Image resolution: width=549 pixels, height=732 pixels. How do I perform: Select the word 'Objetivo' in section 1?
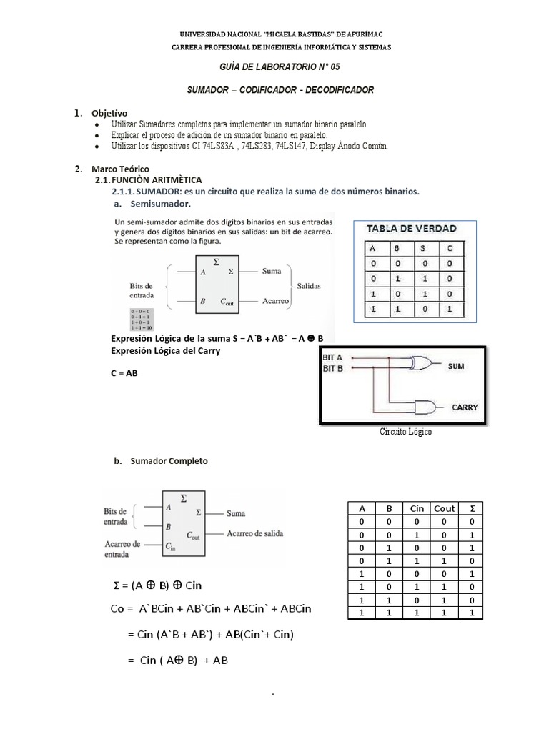(x=109, y=113)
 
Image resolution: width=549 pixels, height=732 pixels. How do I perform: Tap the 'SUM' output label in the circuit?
(x=455, y=365)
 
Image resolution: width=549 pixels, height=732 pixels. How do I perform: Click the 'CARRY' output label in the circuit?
(x=464, y=407)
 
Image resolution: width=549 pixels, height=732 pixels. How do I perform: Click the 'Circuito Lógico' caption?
(x=405, y=432)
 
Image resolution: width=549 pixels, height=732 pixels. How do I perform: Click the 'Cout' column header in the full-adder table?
(x=443, y=508)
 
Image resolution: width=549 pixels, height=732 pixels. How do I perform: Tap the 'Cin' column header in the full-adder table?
(x=417, y=508)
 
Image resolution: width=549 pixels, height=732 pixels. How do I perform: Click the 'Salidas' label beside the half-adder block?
(x=309, y=285)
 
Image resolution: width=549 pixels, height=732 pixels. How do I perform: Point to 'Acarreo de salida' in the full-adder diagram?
(x=259, y=533)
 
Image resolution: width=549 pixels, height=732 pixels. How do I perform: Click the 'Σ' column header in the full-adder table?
(x=470, y=508)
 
